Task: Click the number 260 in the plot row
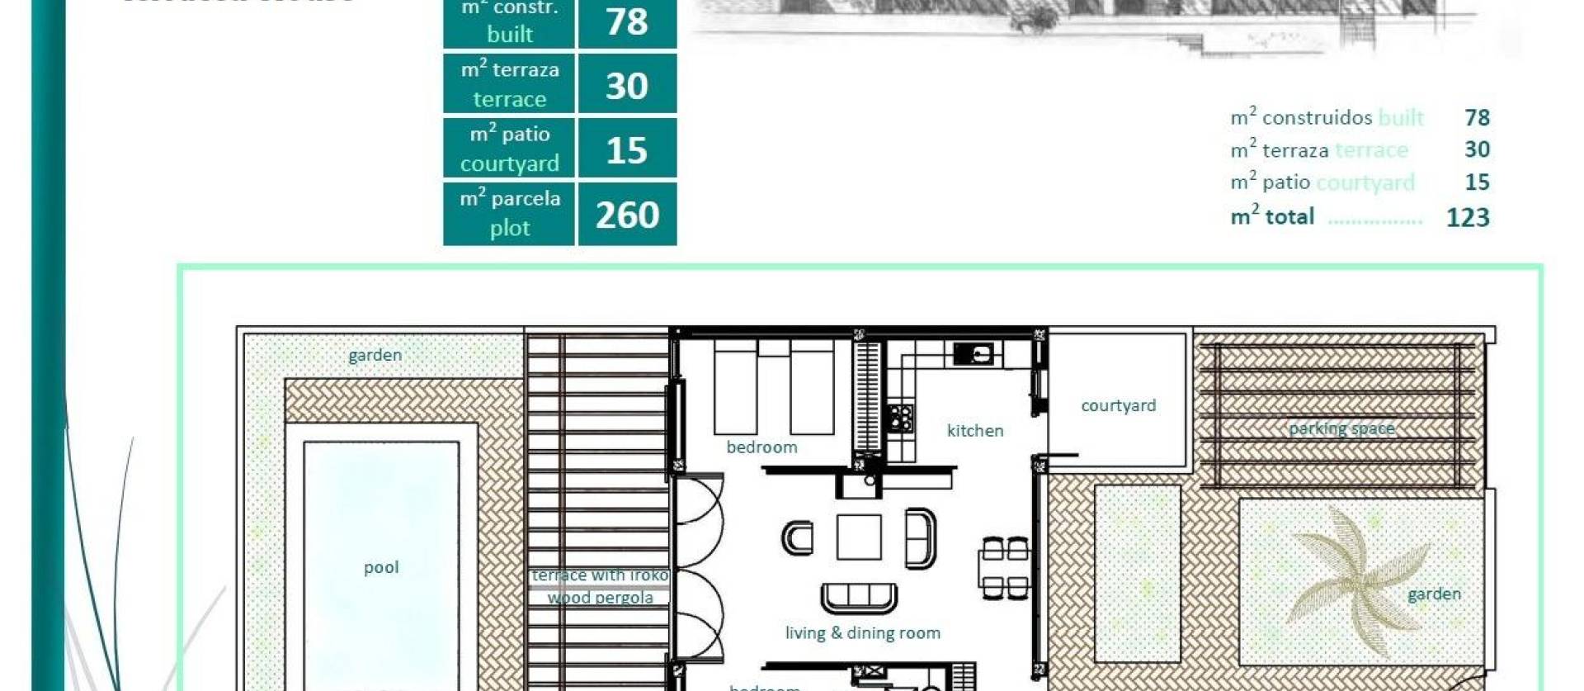pyautogui.click(x=627, y=215)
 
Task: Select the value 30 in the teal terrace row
pyautogui.click(x=627, y=85)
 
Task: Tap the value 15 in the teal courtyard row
pyautogui.click(x=627, y=150)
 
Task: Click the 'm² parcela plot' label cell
pyautogui.click(x=509, y=213)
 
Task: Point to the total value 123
pyautogui.click(x=1468, y=217)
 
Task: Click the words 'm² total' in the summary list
pyautogui.click(x=1271, y=216)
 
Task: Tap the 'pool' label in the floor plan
pyautogui.click(x=381, y=567)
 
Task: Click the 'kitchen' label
pyautogui.click(x=975, y=430)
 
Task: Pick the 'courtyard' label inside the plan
pyautogui.click(x=1118, y=405)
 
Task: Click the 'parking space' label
pyautogui.click(x=1341, y=428)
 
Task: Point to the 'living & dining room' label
pyautogui.click(x=862, y=633)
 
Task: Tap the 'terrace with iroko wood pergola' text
pyautogui.click(x=600, y=586)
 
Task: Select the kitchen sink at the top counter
pyautogui.click(x=973, y=354)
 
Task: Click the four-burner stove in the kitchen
pyautogui.click(x=901, y=418)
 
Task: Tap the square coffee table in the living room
pyautogui.click(x=858, y=537)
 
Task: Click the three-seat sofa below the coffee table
pyautogui.click(x=859, y=597)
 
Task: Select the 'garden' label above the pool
pyautogui.click(x=375, y=355)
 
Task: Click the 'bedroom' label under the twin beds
pyautogui.click(x=761, y=447)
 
